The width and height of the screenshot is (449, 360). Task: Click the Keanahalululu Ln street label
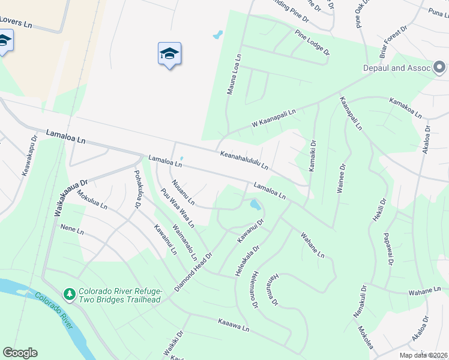(243, 159)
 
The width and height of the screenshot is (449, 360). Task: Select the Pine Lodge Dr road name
(312, 42)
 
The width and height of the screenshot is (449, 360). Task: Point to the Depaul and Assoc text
(397, 68)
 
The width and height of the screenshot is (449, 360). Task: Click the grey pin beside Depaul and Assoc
(439, 67)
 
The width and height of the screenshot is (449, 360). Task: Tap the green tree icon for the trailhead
(70, 294)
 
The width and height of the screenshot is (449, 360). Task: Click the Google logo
(20, 353)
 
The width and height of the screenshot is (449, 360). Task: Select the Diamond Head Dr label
(194, 272)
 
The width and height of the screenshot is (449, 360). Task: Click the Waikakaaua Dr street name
(71, 197)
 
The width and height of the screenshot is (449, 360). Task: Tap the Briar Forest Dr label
(393, 41)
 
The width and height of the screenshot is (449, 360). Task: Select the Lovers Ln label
(14, 22)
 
